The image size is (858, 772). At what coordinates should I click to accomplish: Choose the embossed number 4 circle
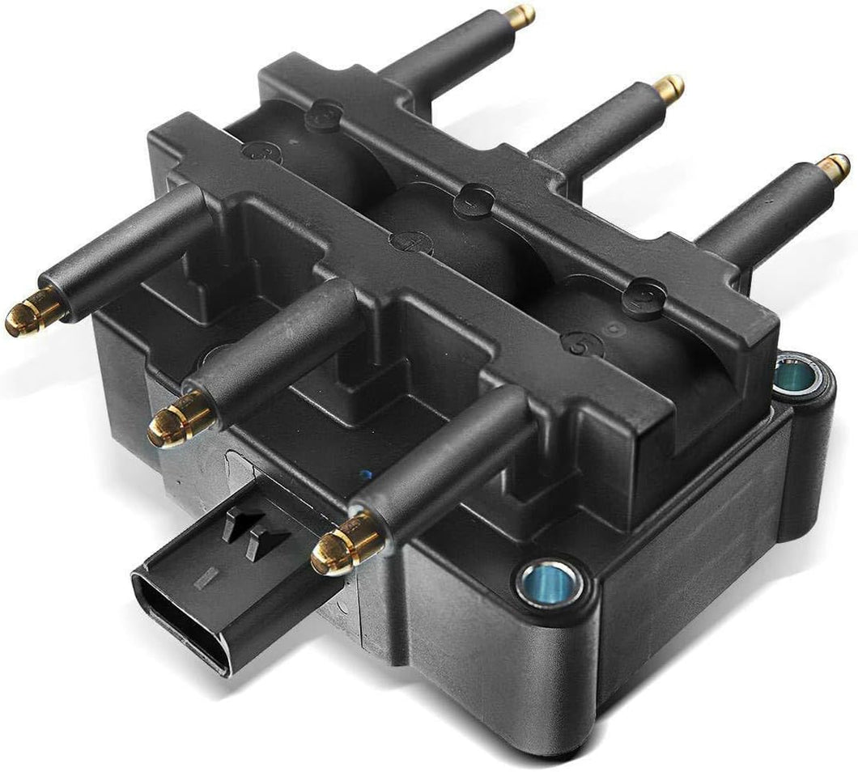410,242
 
